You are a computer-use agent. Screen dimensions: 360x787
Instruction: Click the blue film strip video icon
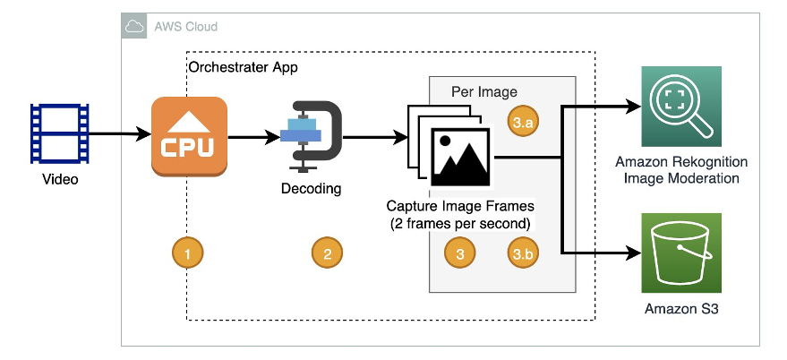point(60,134)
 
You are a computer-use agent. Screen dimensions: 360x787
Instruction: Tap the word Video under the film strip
point(61,180)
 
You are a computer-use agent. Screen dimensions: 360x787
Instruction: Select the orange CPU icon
point(189,137)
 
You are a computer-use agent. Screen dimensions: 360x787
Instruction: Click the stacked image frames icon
point(449,147)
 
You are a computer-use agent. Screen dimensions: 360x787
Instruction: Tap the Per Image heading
point(484,91)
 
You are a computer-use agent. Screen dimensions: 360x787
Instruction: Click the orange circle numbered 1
point(187,254)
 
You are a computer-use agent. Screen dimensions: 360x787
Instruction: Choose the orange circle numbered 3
point(459,254)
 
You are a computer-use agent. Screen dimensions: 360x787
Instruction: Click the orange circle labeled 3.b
point(522,254)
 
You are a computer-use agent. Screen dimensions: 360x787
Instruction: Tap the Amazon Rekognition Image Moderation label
point(681,170)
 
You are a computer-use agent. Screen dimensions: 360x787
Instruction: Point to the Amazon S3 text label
point(681,310)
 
